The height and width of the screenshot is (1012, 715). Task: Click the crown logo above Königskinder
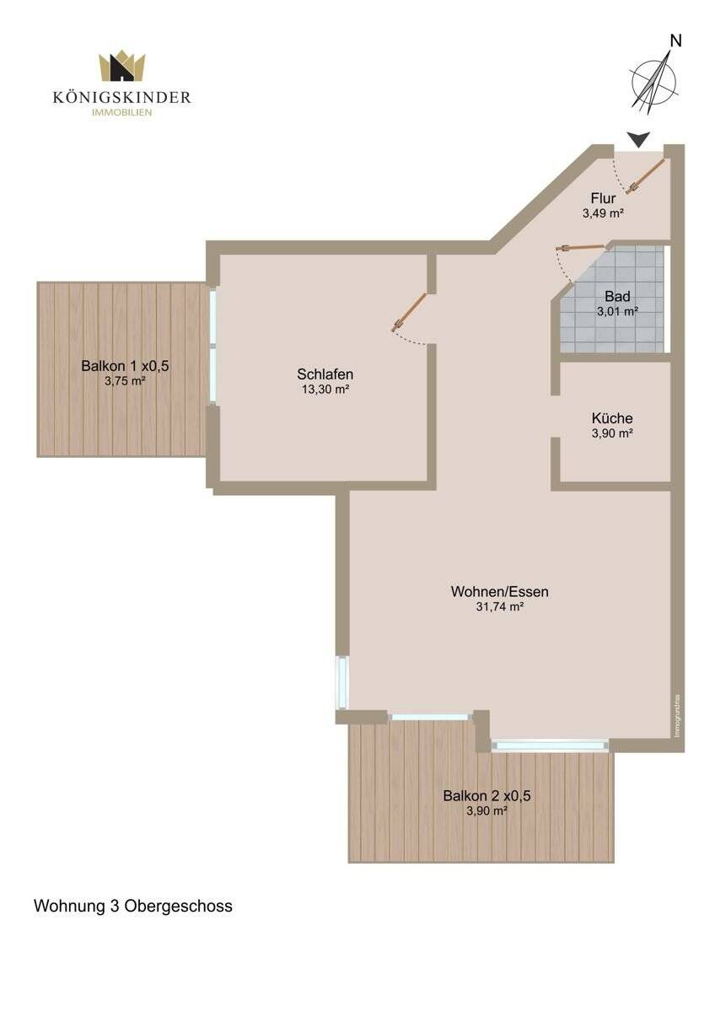pos(122,67)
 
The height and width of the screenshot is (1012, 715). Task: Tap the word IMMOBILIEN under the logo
pos(122,113)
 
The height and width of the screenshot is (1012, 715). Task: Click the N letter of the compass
pos(675,40)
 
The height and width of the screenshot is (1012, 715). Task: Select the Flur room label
pos(603,199)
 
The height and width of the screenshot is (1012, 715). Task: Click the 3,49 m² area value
pos(603,214)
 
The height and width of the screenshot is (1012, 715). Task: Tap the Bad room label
pos(617,296)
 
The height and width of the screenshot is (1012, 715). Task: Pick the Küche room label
pos(612,418)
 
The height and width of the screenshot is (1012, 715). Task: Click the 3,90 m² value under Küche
pos(612,433)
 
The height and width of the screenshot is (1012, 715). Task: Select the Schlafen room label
pos(325,374)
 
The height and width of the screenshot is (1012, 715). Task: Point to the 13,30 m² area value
pos(325,390)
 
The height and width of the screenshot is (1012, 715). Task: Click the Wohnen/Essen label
pos(499,592)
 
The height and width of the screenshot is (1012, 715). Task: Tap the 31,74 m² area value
pos(499,607)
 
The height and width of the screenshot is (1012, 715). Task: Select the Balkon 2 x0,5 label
pos(487,795)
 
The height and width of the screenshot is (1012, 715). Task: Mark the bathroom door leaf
pos(582,247)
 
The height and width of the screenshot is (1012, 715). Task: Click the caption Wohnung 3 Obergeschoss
pos(132,907)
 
